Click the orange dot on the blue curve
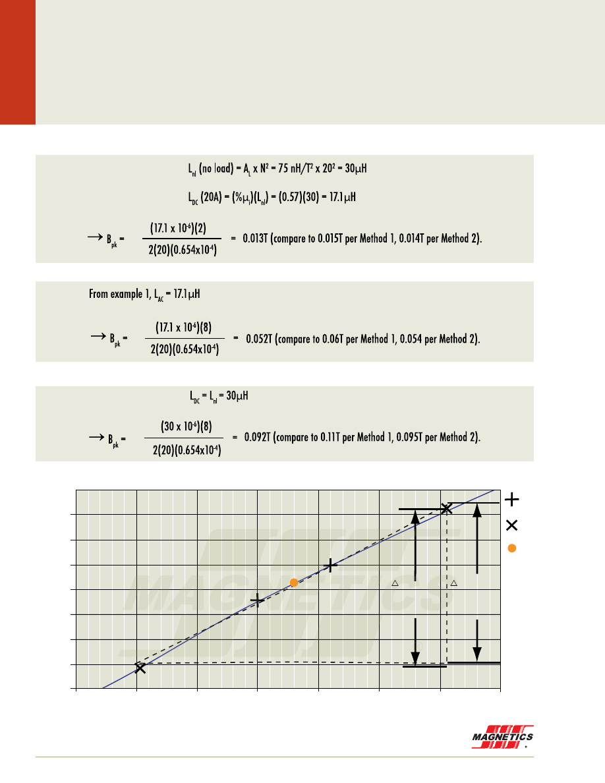[x=295, y=583]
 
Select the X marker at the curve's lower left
[x=140, y=668]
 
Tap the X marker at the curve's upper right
[x=447, y=508]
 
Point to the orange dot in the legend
[x=512, y=548]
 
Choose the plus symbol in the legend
[x=512, y=500]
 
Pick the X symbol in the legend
[x=512, y=525]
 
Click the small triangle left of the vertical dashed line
[x=395, y=583]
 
